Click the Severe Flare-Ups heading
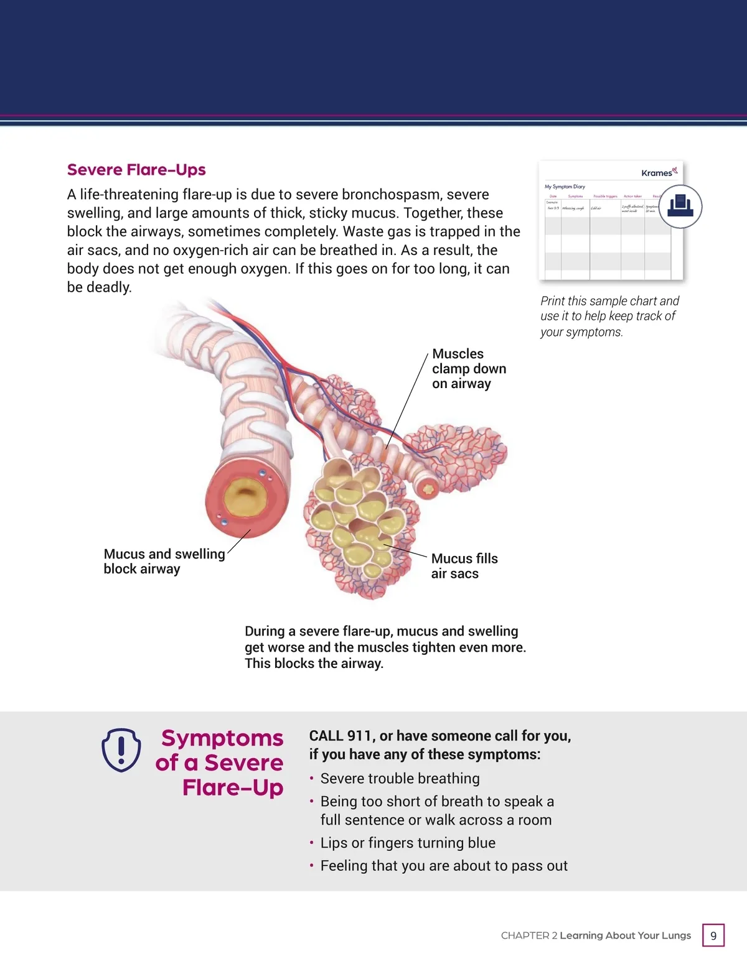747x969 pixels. point(136,170)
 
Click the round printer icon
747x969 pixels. point(680,206)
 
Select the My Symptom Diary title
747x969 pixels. point(565,187)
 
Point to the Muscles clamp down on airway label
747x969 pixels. point(469,369)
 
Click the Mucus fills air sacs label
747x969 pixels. point(464,566)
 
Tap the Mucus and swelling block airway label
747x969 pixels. point(164,561)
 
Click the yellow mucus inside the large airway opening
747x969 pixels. point(245,498)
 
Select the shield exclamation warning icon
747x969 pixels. point(121,749)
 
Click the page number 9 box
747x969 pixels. point(713,935)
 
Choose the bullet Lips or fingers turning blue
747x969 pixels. point(408,843)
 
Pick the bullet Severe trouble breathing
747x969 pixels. point(400,779)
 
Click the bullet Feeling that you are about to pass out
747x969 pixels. point(444,866)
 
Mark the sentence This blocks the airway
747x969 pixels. point(314,664)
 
